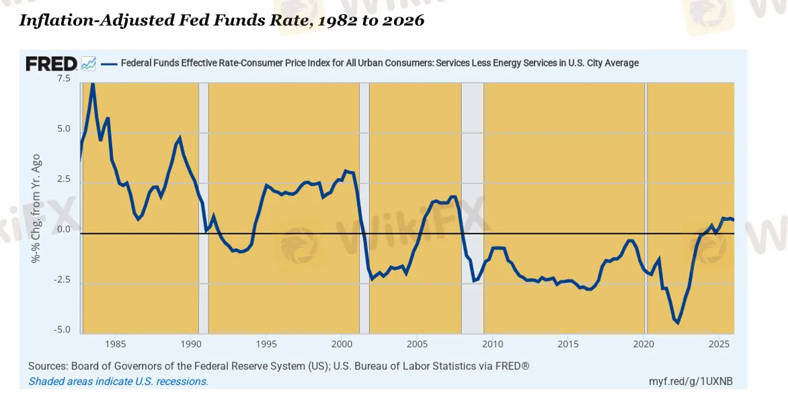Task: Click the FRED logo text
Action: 51,64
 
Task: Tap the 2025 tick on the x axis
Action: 719,345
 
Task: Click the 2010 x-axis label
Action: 492,345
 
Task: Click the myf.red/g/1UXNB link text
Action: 690,381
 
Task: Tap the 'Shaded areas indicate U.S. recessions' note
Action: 118,382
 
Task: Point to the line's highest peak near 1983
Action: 92,83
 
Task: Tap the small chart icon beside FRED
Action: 89,64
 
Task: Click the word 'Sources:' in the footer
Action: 49,366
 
